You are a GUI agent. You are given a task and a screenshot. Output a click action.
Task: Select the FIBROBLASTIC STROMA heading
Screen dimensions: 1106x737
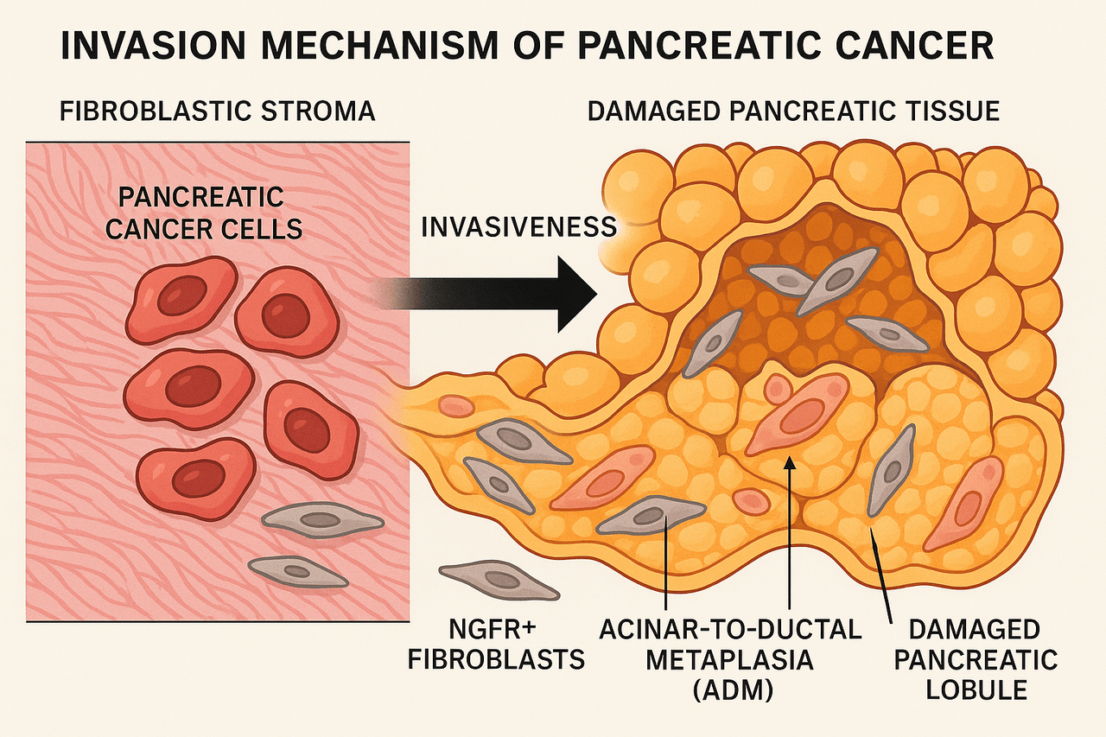pos(217,111)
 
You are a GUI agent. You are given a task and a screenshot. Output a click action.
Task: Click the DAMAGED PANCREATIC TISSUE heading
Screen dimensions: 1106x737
pos(793,111)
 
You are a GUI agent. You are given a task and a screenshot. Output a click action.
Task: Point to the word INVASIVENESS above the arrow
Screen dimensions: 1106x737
pos(519,227)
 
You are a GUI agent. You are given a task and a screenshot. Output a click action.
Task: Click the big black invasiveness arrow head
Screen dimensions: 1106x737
pos(577,295)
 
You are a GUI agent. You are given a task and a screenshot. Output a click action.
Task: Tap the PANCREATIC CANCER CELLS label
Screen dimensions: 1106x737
pos(203,213)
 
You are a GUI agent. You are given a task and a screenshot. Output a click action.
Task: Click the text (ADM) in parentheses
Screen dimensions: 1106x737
pos(733,690)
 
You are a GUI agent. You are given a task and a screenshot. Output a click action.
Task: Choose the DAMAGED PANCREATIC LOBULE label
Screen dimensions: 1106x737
pos(976,659)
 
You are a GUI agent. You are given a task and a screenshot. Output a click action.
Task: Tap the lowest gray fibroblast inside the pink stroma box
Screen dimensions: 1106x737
pos(298,572)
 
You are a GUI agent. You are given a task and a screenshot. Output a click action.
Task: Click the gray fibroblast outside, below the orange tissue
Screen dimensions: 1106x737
pos(499,579)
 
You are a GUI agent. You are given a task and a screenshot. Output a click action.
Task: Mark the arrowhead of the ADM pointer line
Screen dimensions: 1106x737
pos(790,462)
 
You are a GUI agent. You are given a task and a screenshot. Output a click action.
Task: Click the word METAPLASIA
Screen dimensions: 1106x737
pos(730,659)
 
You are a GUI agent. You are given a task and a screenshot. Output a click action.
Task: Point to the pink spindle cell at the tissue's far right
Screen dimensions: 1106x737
pos(963,504)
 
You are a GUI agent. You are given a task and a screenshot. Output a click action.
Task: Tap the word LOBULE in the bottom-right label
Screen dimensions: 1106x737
pos(976,689)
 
